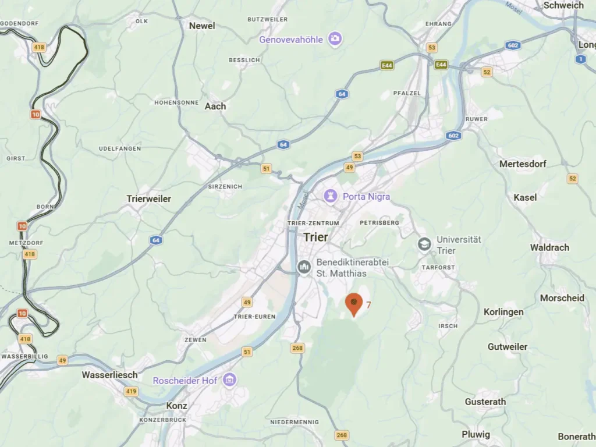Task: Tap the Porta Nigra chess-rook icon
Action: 331,196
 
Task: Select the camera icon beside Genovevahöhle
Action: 334,39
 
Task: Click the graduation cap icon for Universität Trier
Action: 425,244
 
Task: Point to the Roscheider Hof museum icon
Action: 229,380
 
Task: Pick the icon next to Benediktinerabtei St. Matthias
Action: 304,267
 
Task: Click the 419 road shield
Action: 131,392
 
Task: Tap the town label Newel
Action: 202,26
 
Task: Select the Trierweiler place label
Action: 149,198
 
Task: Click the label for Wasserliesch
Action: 109,375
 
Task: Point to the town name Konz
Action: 177,406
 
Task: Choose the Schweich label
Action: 563,5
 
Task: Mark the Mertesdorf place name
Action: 523,164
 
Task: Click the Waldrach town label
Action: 549,247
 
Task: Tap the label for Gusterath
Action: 485,402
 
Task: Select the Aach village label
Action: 215,106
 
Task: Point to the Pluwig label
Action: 476,434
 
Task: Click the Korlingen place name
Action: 503,312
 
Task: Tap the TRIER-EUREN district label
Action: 250,317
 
